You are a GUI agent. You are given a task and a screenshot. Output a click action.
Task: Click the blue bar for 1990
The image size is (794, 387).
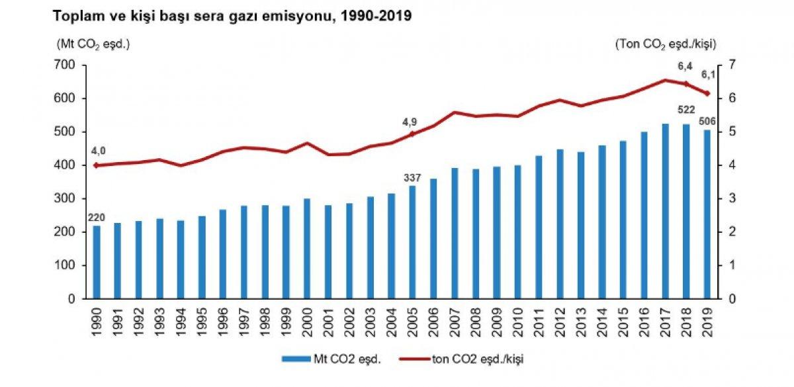(x=97, y=262)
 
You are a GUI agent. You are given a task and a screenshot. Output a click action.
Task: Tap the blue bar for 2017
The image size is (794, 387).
(x=664, y=211)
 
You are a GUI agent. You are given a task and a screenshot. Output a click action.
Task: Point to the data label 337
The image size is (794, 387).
(x=412, y=177)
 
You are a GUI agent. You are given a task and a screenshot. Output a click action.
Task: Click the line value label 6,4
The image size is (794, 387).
(x=685, y=66)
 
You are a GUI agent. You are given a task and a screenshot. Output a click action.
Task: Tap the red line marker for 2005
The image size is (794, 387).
(x=412, y=134)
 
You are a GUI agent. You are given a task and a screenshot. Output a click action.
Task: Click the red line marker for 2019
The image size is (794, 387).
(x=707, y=93)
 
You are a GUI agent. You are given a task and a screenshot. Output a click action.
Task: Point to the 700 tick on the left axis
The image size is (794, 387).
(x=67, y=65)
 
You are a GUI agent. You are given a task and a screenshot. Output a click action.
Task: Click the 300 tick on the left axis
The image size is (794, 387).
(x=67, y=198)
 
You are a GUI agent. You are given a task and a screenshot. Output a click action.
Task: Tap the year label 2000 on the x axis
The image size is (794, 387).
(x=307, y=317)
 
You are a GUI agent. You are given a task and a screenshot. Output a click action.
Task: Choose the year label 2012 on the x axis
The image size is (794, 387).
(x=559, y=317)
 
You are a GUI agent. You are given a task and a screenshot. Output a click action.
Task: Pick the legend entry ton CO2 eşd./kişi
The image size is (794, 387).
(x=470, y=359)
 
